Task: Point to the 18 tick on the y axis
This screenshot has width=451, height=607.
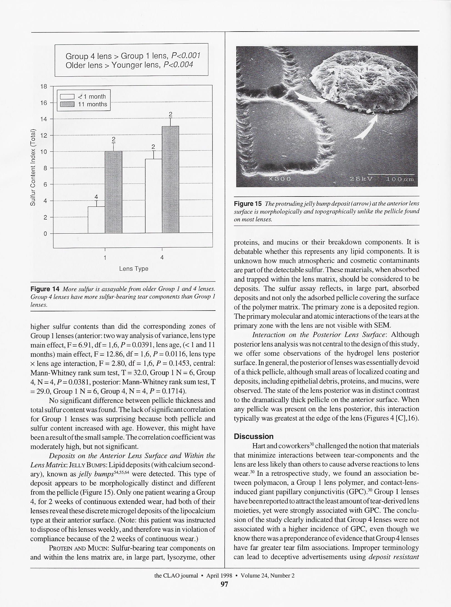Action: (x=44, y=86)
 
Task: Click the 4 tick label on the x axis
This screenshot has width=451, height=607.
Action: (x=162, y=258)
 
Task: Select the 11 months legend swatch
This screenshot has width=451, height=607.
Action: (x=67, y=104)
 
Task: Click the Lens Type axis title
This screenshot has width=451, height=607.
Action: (x=134, y=269)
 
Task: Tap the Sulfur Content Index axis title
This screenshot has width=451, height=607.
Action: (x=33, y=168)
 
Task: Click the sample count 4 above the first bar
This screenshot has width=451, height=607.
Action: (x=96, y=197)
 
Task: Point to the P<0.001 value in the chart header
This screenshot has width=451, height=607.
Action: (x=186, y=56)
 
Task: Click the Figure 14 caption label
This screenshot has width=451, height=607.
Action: (x=45, y=289)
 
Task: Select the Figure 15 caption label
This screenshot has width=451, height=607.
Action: (x=248, y=204)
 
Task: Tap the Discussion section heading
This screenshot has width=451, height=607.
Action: (x=253, y=436)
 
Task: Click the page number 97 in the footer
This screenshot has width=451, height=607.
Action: (x=224, y=584)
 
